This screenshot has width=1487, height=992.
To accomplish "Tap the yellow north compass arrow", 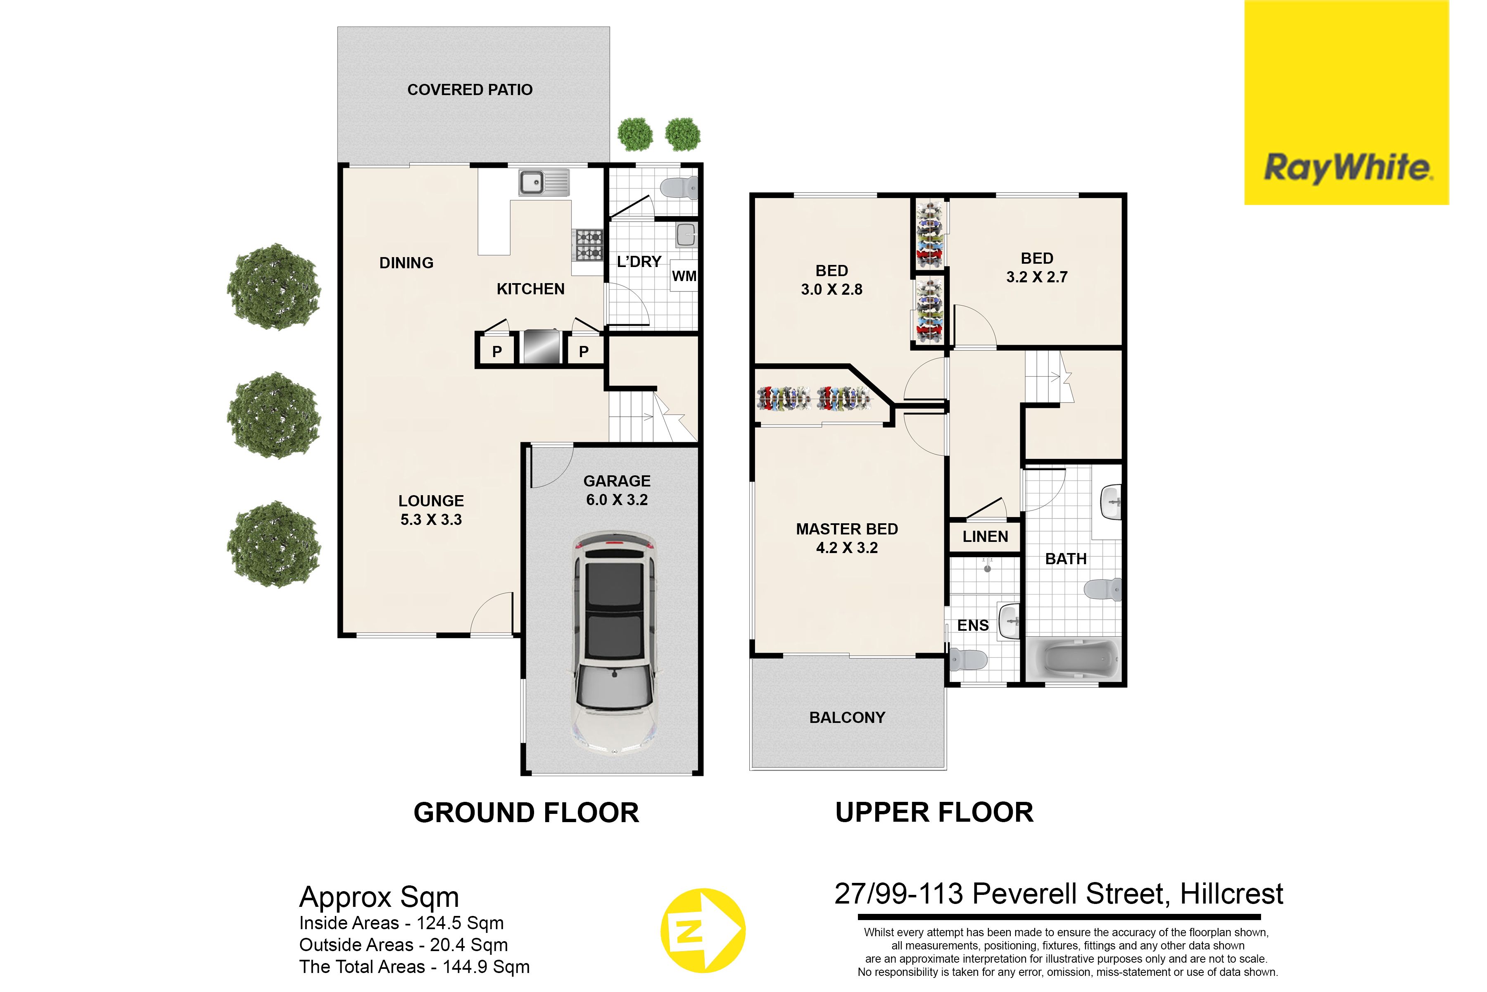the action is click(703, 931).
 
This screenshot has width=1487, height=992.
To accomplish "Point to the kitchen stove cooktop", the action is click(588, 244).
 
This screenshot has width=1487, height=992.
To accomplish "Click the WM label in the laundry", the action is click(684, 276).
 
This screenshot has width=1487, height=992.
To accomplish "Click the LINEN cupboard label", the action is click(985, 537).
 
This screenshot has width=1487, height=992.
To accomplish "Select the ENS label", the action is click(972, 625).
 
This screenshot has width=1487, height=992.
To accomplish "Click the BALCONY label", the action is click(847, 718).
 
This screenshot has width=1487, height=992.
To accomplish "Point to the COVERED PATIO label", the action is click(470, 90).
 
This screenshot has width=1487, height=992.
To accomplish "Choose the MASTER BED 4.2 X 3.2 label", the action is click(847, 539).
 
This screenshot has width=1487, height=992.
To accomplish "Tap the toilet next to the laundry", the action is click(678, 187).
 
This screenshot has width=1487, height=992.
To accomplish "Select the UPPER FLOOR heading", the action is click(934, 813).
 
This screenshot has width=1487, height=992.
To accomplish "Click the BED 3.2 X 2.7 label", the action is click(1037, 267).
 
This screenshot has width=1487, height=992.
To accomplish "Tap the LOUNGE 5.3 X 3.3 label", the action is click(431, 510).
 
